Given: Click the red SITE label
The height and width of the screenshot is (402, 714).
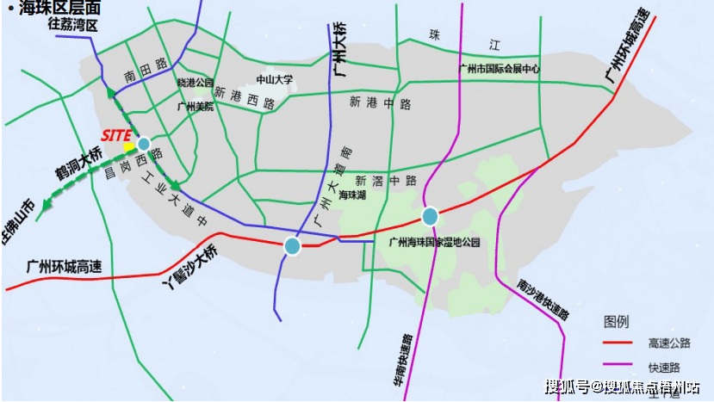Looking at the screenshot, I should pyautogui.click(x=117, y=135).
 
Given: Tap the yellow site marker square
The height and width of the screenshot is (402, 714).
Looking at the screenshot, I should pyautogui.click(x=129, y=147).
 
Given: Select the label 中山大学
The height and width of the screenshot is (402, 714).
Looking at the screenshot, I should pyautogui.click(x=276, y=79).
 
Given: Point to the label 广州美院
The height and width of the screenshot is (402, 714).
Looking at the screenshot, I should pyautogui.click(x=194, y=107).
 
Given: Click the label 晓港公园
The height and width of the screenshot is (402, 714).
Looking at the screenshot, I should pyautogui.click(x=195, y=82).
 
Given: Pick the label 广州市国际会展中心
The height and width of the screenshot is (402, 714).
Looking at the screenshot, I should pyautogui.click(x=500, y=69).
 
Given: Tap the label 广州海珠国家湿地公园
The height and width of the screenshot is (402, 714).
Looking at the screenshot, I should pyautogui.click(x=433, y=243).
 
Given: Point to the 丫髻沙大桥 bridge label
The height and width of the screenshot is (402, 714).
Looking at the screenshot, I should pyautogui.click(x=191, y=266).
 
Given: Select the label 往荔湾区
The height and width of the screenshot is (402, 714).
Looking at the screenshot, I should pyautogui.click(x=73, y=26).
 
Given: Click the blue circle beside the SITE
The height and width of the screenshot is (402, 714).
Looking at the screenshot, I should pyautogui.click(x=143, y=144).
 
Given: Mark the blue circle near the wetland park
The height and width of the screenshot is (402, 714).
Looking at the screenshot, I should pyautogui.click(x=430, y=215).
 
